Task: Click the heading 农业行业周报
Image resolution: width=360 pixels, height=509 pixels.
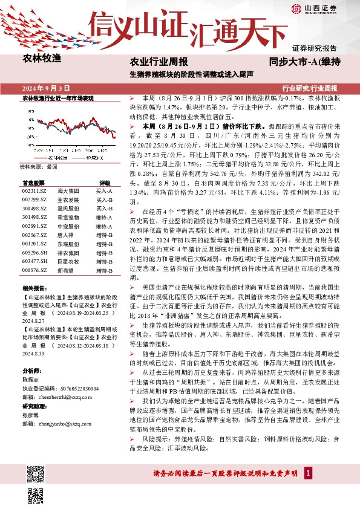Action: pyautogui.click(x=159, y=61)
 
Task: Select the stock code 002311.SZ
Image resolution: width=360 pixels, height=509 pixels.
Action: pyautogui.click(x=34, y=190)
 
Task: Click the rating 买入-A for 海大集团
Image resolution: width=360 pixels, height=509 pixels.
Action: pyautogui.click(x=104, y=190)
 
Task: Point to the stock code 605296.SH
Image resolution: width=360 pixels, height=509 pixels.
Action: pyautogui.click(x=34, y=254)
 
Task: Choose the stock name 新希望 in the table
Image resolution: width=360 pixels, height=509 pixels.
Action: pyautogui.click(x=65, y=271)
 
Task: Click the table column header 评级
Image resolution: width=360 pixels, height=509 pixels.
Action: pyautogui.click(x=104, y=182)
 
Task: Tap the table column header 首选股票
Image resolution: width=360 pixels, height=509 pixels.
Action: pyautogui.click(x=34, y=182)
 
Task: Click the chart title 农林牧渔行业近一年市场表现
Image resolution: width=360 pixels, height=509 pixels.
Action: pyautogui.click(x=58, y=97)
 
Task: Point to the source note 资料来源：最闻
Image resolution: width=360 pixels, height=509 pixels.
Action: pyautogui.click(x=39, y=166)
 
